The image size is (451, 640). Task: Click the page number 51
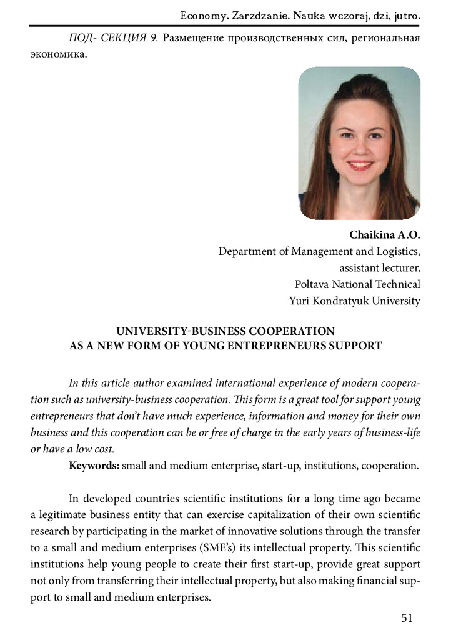click(407, 618)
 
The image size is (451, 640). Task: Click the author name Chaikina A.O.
click(385, 236)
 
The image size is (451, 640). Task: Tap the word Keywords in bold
click(94, 466)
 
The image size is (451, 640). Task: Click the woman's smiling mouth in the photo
click(360, 165)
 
